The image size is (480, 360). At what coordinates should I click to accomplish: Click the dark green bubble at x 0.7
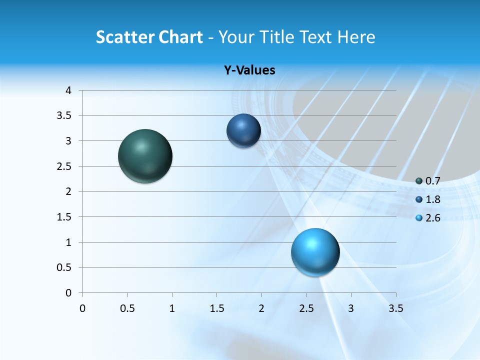coord(145,156)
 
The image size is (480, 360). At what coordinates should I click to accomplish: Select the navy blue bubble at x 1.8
coord(243,131)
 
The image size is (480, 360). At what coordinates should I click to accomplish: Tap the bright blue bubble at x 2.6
coord(315,252)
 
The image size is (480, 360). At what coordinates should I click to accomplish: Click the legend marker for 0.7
coord(419,181)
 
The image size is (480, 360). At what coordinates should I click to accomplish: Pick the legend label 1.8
coord(432,199)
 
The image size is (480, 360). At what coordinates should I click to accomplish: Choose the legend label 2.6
coord(432,218)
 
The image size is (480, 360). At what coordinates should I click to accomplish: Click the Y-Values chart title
coord(249,70)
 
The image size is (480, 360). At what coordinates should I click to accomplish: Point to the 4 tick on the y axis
coord(68,90)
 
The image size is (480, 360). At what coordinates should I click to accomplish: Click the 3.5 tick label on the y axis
coord(64,115)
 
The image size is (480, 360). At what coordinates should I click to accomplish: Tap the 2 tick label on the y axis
coord(68,191)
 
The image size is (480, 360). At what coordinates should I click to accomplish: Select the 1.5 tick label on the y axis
coord(64,217)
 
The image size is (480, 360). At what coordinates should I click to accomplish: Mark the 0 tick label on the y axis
coord(68,293)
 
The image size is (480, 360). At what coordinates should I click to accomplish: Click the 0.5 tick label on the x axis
coord(127,308)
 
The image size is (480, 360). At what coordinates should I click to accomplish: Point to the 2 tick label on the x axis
coord(261,308)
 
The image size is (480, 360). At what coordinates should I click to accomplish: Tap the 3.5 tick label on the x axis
coord(395,308)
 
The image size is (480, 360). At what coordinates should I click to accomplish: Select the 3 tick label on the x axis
coord(351,308)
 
